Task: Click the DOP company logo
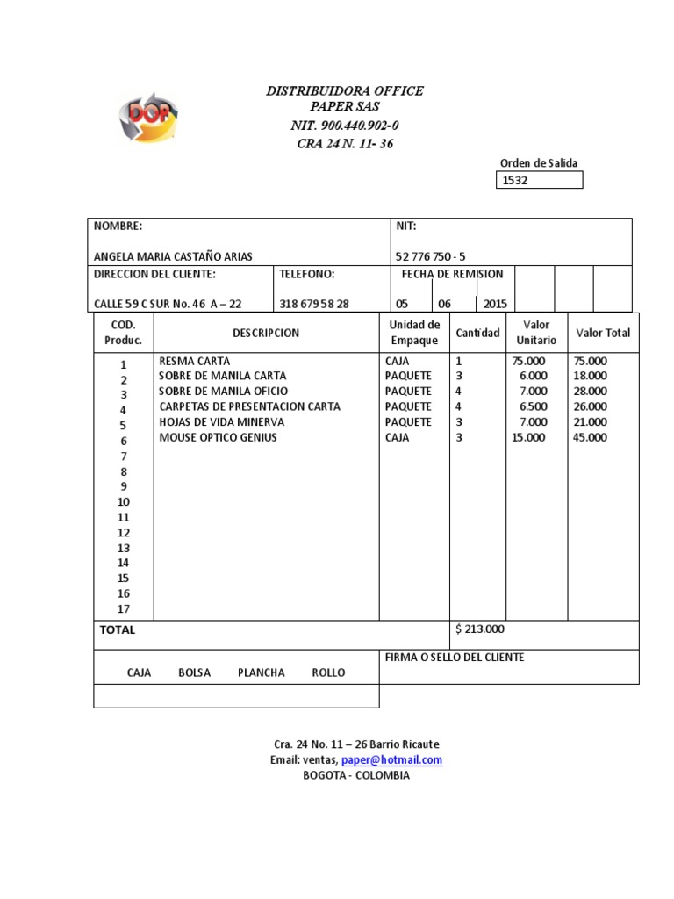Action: (148, 117)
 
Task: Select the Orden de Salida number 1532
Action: (514, 181)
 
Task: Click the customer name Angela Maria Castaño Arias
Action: (173, 256)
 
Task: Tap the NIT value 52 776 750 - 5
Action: (431, 256)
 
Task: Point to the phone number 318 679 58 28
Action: (314, 304)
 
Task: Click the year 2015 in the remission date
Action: (494, 304)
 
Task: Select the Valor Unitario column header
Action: (536, 333)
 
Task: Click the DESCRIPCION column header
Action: (266, 333)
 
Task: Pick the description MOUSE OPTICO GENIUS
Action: (218, 437)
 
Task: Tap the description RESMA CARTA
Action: (195, 361)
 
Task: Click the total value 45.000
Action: (590, 437)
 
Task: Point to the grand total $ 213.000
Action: (480, 629)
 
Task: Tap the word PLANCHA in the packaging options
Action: (261, 672)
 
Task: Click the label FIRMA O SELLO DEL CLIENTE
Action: (455, 658)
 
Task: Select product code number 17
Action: (124, 608)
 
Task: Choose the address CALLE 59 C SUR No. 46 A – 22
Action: (168, 304)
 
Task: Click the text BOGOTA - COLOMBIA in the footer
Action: (355, 775)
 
